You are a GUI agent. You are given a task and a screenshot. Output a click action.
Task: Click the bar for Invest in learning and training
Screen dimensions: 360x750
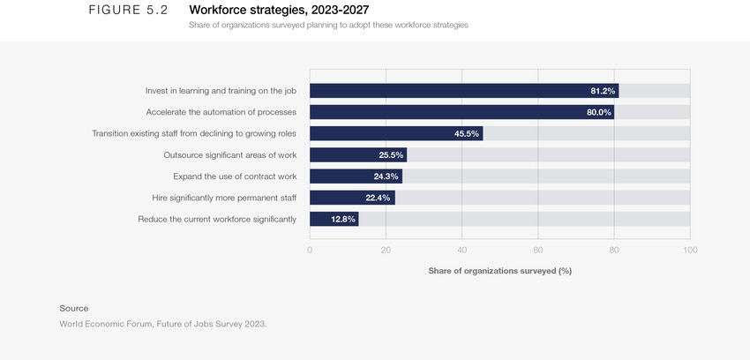[463, 91]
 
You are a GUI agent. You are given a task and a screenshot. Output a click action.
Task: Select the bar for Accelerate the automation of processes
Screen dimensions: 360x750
[461, 112]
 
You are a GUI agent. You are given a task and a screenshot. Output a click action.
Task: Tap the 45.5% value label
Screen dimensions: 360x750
[466, 134]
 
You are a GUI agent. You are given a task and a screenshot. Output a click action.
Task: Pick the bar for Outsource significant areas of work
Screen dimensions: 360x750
[357, 155]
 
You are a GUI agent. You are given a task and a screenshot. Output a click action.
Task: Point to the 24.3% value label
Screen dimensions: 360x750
[385, 176]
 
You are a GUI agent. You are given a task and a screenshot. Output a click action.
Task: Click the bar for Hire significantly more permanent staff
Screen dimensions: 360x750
[352, 198]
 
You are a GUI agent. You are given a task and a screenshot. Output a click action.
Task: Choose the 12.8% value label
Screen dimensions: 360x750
[343, 219]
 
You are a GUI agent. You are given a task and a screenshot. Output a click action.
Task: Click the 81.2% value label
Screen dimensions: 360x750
[602, 91]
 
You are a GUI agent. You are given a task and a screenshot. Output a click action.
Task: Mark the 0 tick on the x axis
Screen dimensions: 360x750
[310, 250]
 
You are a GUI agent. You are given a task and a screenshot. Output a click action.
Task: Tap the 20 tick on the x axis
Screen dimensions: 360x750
[386, 250]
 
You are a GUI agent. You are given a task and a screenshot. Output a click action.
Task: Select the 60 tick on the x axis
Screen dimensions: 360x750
[538, 250]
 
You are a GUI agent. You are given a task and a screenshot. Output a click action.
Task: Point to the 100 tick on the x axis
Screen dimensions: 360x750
[690, 250]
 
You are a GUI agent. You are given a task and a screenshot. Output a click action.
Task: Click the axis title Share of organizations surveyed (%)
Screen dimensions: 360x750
[499, 271]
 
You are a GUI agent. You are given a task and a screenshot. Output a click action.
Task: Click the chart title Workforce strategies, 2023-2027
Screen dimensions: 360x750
[279, 10]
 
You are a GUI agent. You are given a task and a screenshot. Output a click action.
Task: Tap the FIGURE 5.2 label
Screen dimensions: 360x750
[128, 10]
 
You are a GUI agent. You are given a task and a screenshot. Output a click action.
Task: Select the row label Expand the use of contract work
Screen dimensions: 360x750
[235, 176]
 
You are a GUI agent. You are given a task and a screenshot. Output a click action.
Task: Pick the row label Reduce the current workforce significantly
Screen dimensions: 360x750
[217, 219]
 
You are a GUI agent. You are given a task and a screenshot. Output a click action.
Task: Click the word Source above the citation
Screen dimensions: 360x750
[74, 308]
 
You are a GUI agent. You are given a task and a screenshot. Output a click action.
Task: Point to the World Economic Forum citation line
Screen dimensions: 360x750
[162, 324]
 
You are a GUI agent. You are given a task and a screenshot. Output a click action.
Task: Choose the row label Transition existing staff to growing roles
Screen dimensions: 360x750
[194, 134]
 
